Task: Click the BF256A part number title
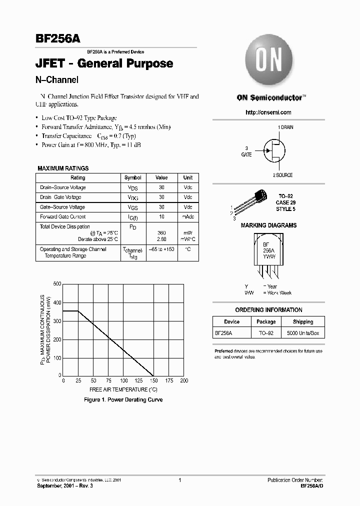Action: coord(58,39)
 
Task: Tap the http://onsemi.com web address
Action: coord(268,112)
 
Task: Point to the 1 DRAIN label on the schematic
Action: coord(285,127)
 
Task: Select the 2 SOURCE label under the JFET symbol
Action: coord(282,175)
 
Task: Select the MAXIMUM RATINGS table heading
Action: coord(63,168)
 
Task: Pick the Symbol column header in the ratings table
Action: coord(133,177)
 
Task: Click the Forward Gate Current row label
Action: coord(63,217)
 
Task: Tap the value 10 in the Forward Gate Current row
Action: coord(161,217)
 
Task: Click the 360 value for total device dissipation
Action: coord(161,233)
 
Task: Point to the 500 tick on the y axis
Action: coord(57,284)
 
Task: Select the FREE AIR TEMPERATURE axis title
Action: coord(123,389)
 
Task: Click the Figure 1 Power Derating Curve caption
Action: coord(123,400)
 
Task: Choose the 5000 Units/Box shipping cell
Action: coord(302,332)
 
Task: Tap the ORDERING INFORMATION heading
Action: coord(268,310)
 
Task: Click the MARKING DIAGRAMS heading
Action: coord(268,225)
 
